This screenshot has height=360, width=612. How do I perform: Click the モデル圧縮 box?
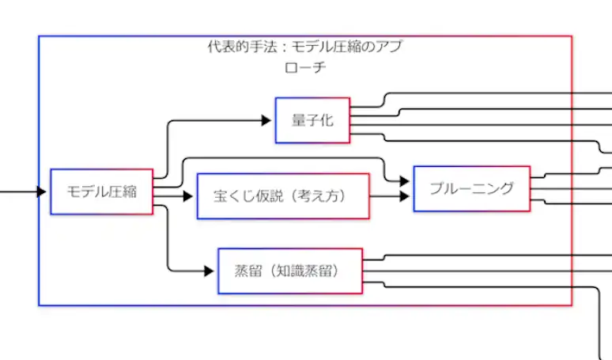[101, 191]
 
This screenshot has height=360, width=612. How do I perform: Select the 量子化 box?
[312, 120]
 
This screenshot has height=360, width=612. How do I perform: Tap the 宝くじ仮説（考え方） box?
[283, 196]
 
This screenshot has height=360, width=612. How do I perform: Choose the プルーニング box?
[471, 188]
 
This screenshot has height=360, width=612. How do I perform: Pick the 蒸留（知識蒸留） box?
[290, 271]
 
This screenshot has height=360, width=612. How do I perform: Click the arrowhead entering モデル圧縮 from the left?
[42, 191]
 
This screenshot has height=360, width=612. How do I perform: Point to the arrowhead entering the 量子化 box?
[266, 120]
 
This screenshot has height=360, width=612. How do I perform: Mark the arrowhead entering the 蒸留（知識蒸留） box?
[210, 271]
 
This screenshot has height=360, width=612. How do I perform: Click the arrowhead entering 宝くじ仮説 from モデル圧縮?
[188, 196]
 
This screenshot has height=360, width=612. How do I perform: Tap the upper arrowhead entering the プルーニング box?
[405, 181]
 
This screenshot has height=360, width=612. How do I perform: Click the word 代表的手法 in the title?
[236, 47]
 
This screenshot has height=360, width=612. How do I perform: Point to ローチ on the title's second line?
[305, 68]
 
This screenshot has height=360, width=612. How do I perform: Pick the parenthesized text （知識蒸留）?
[304, 271]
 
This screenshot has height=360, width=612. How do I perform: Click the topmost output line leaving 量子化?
[474, 94]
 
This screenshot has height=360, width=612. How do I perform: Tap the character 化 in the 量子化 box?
[326, 120]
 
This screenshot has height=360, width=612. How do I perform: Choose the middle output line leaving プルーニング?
[569, 189]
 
